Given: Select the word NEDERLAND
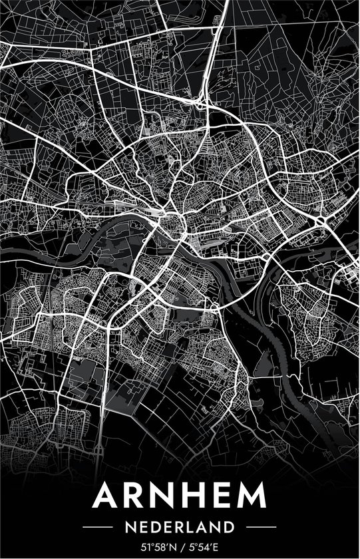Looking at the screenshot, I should (180, 527).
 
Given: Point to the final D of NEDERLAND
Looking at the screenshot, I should (230, 527).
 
